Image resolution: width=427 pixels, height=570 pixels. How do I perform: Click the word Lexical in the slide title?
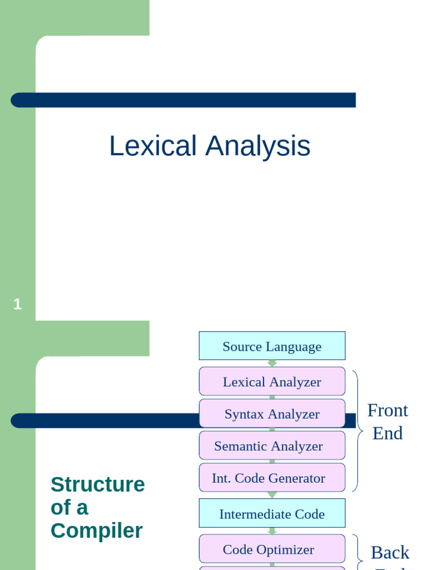pyautogui.click(x=153, y=146)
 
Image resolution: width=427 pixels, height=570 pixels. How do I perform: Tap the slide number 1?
pyautogui.click(x=17, y=304)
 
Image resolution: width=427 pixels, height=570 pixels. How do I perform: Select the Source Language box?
pyautogui.click(x=272, y=346)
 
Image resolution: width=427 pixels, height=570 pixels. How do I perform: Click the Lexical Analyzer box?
pyautogui.click(x=272, y=382)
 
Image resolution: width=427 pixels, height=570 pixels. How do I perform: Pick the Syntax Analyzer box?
pyautogui.click(x=272, y=414)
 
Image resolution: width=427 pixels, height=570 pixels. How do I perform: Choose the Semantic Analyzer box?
pyautogui.click(x=272, y=446)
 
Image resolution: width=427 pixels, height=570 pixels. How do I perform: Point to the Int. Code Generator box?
pyautogui.click(x=272, y=478)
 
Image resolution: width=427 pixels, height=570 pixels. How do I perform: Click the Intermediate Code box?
pyautogui.click(x=272, y=514)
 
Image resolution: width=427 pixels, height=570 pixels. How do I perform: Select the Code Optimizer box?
pyautogui.click(x=272, y=549)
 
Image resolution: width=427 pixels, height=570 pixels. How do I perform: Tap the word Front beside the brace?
pyautogui.click(x=388, y=410)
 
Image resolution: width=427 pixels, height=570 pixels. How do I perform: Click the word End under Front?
pyautogui.click(x=388, y=433)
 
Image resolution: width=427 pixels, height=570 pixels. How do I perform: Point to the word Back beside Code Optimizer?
pyautogui.click(x=390, y=552)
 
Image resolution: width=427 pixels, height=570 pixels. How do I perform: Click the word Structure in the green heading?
pyautogui.click(x=97, y=484)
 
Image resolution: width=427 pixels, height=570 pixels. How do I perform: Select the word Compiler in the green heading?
pyautogui.click(x=96, y=530)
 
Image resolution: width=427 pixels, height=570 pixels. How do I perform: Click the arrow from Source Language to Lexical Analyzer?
pyautogui.click(x=272, y=363)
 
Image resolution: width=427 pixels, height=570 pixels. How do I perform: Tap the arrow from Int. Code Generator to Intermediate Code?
pyautogui.click(x=272, y=495)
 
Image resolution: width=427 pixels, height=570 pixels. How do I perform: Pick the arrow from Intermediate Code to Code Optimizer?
pyautogui.click(x=272, y=531)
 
